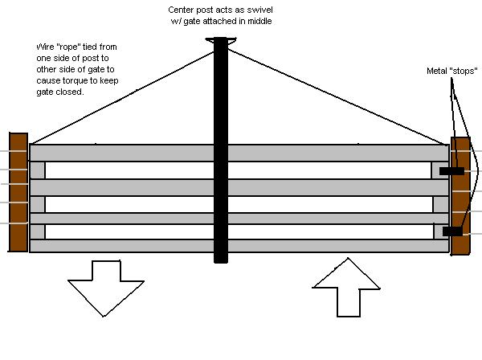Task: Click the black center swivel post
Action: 221,161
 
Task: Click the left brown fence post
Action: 18,192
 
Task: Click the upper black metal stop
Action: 451,171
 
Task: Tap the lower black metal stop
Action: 452,231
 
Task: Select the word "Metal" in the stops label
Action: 437,72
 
